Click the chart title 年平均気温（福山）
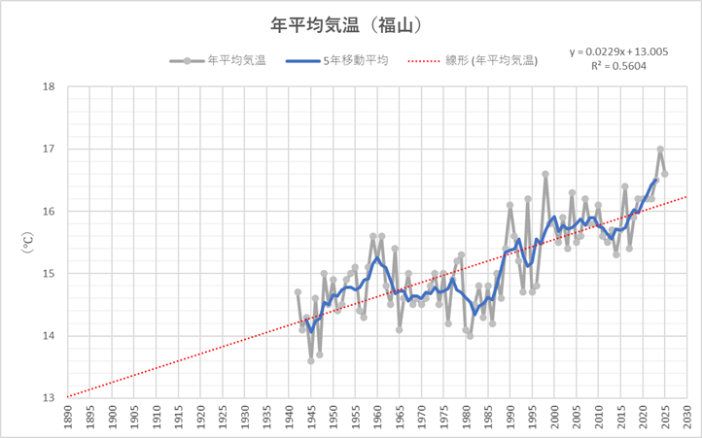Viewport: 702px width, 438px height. pos(351,18)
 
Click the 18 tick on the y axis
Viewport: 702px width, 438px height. pos(48,86)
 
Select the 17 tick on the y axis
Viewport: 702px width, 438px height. pos(48,149)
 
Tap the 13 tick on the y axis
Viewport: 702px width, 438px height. pos(48,398)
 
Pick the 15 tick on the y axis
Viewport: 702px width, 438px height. pos(48,274)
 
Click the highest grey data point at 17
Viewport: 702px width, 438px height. pos(660,149)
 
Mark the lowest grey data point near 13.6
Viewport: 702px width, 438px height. pos(311,360)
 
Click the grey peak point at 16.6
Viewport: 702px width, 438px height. pos(545,174)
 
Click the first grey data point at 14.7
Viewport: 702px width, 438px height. pos(298,291)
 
